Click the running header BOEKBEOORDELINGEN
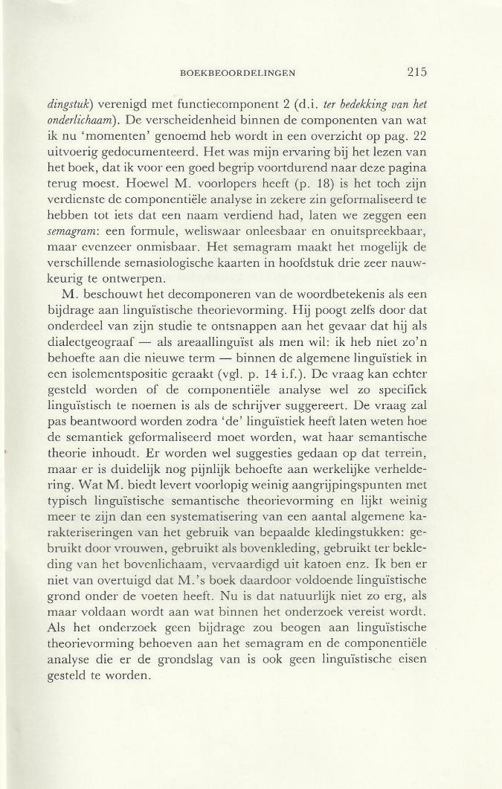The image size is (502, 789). (239, 73)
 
